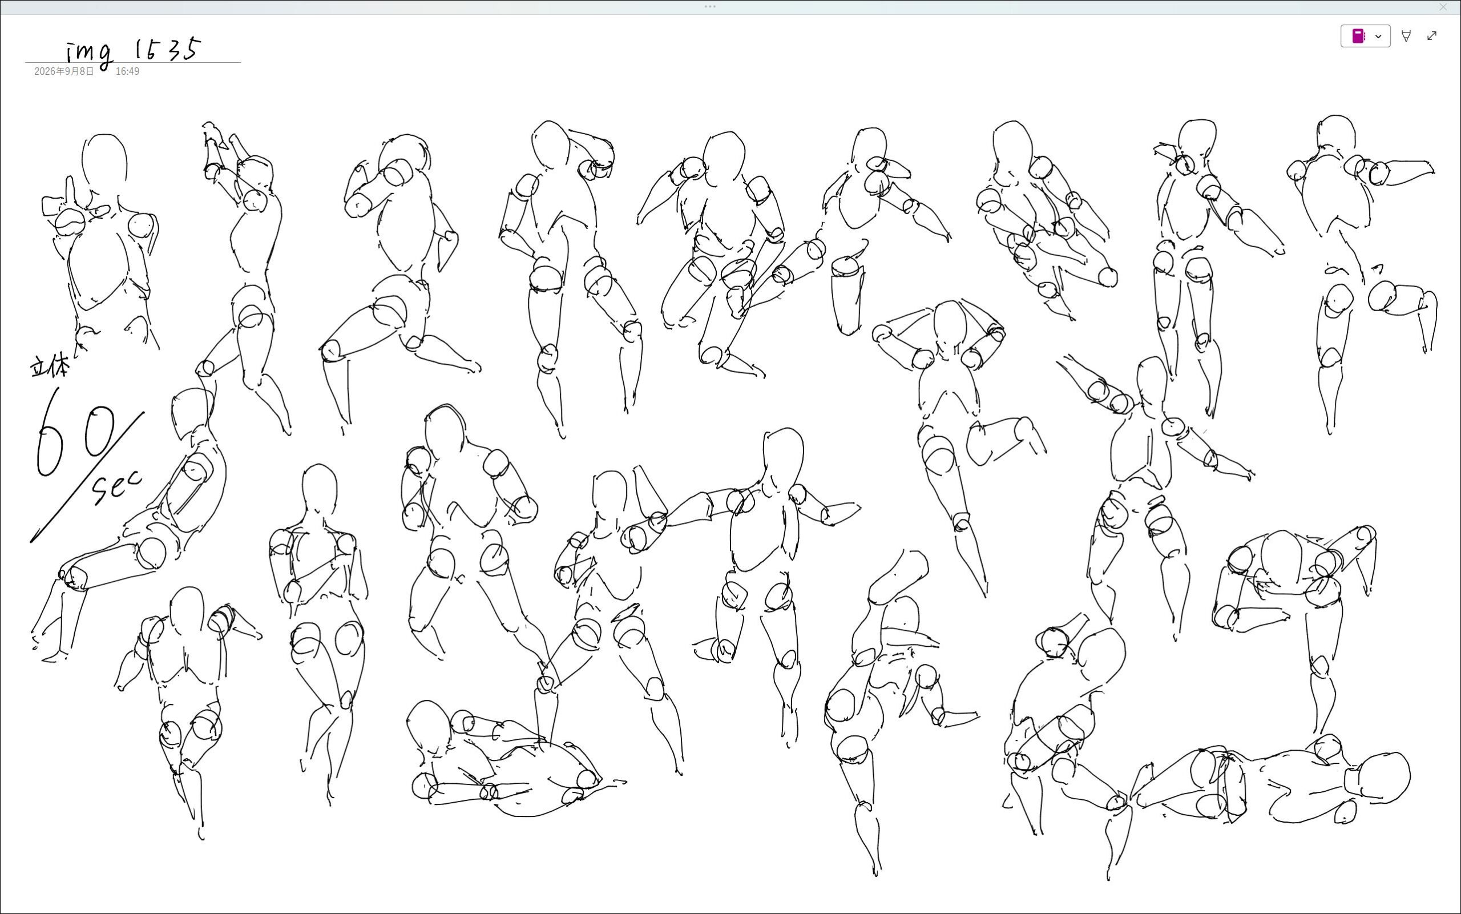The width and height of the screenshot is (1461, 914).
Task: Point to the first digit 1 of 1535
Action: (138, 49)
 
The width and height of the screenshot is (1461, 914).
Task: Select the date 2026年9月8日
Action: (64, 71)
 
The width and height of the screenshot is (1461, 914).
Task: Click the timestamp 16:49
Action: (127, 71)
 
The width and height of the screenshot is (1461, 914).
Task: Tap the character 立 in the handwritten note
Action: (39, 367)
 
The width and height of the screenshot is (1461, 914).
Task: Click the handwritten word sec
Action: (116, 486)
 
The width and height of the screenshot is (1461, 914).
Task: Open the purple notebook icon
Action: (1358, 37)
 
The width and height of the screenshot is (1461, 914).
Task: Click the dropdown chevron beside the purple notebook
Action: (1378, 37)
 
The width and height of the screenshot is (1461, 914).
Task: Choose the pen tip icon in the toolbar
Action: (1406, 37)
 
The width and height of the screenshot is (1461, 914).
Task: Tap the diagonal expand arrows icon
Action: (1432, 35)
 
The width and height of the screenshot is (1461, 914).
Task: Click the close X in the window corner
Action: (1443, 7)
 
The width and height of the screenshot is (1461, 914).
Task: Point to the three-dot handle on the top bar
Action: (710, 7)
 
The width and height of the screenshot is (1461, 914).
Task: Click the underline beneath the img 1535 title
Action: (133, 62)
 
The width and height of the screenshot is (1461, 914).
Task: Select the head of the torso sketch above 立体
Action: (104, 161)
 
